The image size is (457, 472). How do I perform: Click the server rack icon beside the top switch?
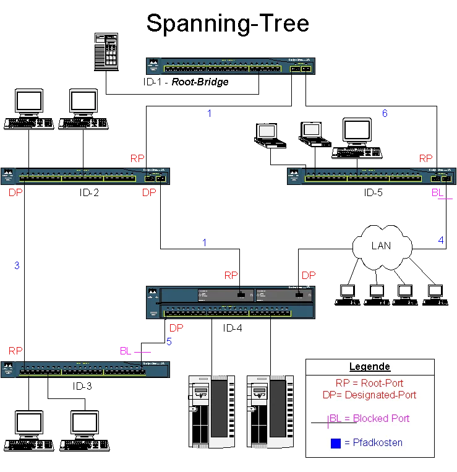coord(106,51)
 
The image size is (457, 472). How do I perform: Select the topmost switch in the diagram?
coord(230,65)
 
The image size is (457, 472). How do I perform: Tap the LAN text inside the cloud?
coord(381,246)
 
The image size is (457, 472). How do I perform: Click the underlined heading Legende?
coord(369,367)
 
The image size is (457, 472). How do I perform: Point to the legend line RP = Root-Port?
coord(369,384)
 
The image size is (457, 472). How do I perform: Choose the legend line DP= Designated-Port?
coord(369,395)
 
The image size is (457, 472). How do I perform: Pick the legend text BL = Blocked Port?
coord(369,419)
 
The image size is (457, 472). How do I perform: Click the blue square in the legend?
coord(336,443)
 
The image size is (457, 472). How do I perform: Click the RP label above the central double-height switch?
coord(231,275)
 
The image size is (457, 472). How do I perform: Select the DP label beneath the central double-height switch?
coord(176,327)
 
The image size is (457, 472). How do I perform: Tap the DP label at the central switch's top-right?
coord(308,275)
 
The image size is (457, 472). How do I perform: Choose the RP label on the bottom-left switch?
coord(15,351)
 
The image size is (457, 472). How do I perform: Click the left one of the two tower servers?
coord(212,410)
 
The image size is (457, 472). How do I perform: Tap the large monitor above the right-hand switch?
coord(357,132)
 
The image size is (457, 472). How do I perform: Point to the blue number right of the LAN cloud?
coord(441,241)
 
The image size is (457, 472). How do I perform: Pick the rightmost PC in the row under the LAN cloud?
coord(435,293)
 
